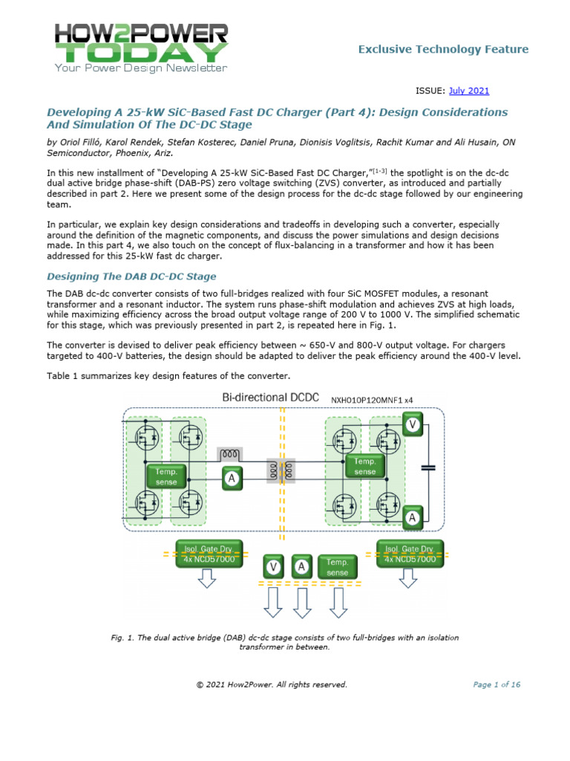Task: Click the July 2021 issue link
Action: (x=468, y=91)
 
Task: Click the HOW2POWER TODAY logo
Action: (x=141, y=47)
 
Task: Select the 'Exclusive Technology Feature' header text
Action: (x=443, y=49)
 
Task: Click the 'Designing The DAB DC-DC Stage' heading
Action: (x=131, y=276)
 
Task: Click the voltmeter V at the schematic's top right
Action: (x=412, y=424)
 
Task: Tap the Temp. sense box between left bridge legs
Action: (x=166, y=476)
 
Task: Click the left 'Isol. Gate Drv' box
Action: (x=209, y=553)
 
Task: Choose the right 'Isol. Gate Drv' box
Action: (x=410, y=553)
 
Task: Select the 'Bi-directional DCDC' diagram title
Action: (x=265, y=398)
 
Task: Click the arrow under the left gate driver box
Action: (x=209, y=580)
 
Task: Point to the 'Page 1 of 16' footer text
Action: (x=497, y=684)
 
